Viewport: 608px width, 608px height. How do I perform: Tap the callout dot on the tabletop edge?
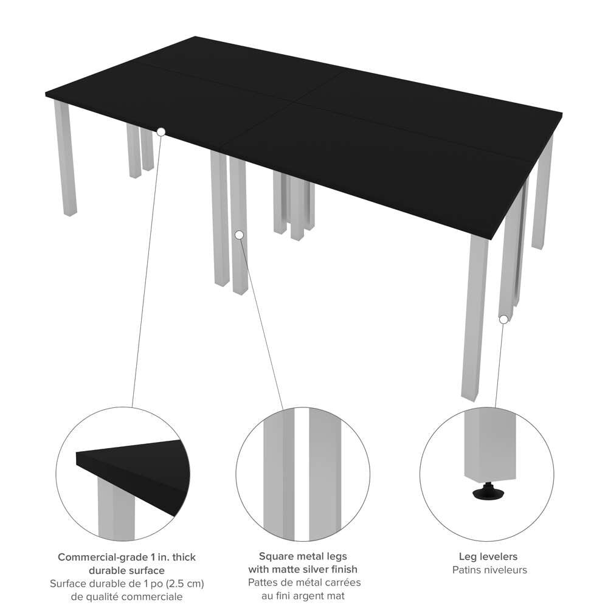click(161, 131)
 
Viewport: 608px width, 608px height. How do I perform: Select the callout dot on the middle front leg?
click(239, 235)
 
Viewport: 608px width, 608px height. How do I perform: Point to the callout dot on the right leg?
click(503, 319)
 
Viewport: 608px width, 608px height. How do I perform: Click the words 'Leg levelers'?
click(489, 557)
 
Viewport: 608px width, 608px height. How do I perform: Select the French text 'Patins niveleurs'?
click(489, 570)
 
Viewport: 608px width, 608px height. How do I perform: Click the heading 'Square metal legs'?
click(303, 556)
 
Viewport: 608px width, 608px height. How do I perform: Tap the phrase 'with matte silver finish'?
click(303, 570)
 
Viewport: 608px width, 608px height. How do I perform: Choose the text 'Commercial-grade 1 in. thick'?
click(126, 558)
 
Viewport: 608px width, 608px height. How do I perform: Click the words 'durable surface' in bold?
click(126, 571)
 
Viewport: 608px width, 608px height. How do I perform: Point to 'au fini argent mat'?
click(303, 596)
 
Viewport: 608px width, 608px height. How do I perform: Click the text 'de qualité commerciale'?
click(126, 597)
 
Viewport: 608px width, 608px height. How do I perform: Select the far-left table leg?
click(66, 158)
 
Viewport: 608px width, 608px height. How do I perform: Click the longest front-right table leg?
click(474, 316)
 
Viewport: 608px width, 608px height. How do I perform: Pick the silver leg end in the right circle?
click(489, 447)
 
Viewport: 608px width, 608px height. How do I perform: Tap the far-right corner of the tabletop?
click(561, 113)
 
